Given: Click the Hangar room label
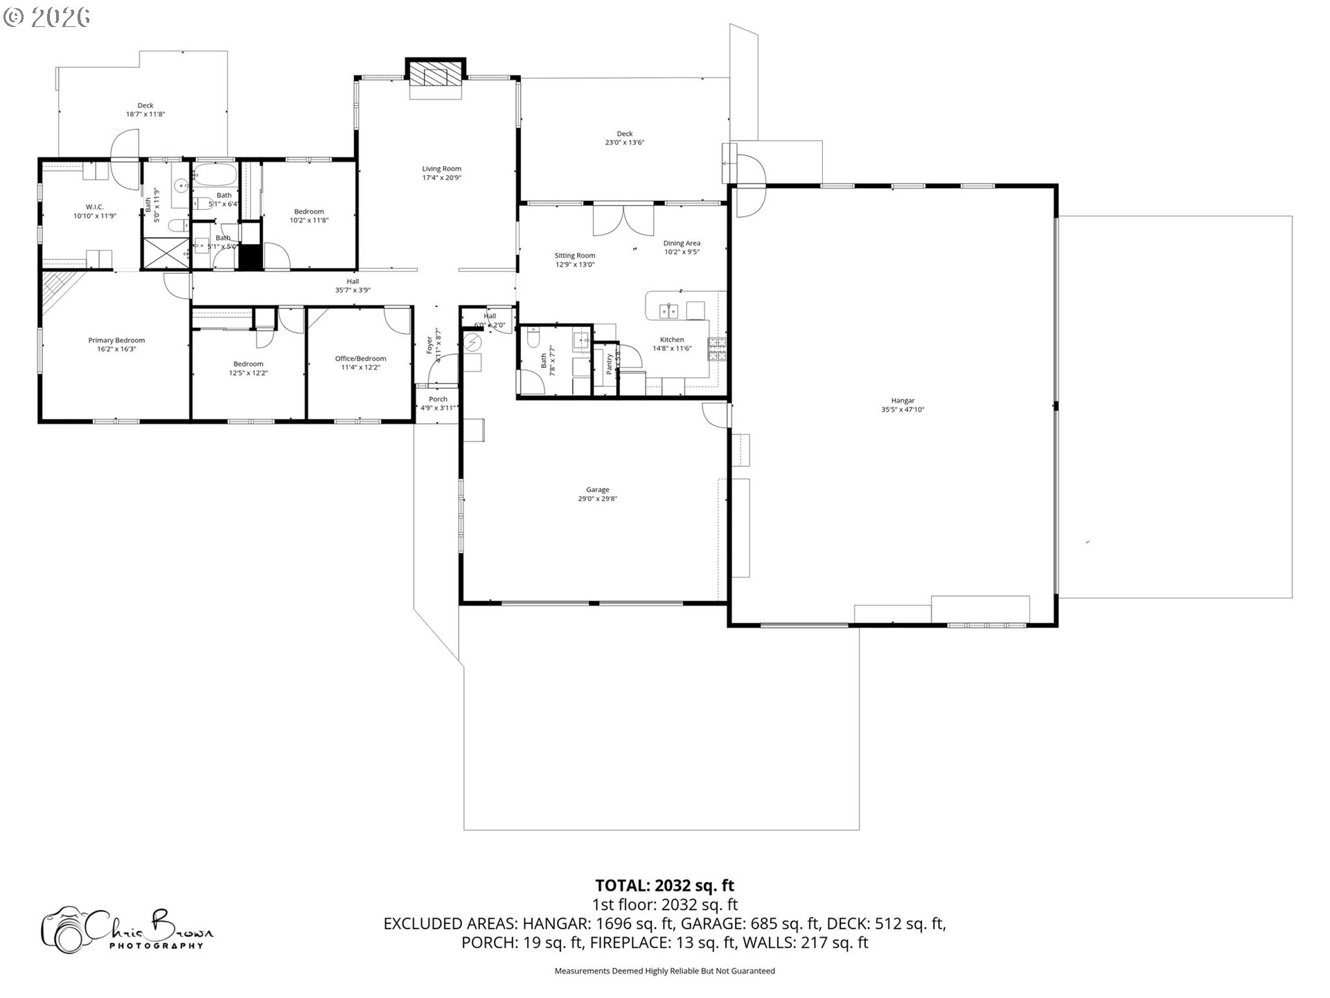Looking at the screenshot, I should click(903, 401).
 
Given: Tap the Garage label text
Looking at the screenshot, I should click(597, 490).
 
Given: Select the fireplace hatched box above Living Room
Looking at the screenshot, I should click(435, 76).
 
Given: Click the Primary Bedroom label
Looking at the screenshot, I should click(116, 340).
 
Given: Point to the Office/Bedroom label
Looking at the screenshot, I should click(360, 358).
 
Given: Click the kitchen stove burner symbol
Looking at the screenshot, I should click(716, 349).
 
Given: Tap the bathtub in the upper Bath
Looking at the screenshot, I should click(215, 174).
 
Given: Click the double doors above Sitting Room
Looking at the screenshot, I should click(623, 220).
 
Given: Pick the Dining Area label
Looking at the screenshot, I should click(682, 243).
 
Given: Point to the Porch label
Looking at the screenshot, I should click(438, 399).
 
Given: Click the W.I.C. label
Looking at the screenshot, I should click(95, 207).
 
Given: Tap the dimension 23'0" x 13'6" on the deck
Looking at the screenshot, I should click(625, 143).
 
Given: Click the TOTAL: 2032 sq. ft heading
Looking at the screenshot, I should click(664, 886).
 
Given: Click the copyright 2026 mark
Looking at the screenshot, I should click(46, 17).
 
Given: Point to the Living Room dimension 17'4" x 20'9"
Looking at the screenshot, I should click(442, 178).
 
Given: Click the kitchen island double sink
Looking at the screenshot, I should click(668, 310).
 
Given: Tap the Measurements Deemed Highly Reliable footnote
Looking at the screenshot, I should click(664, 971).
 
